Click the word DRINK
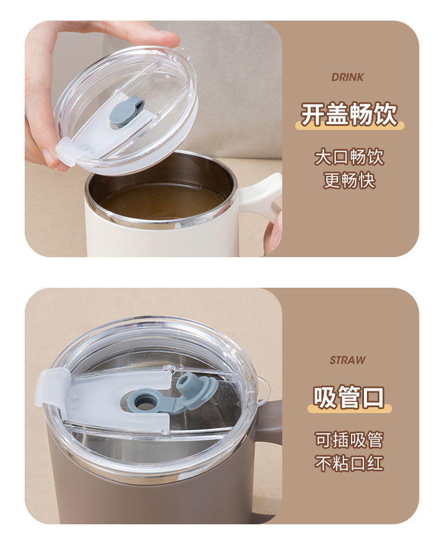click(348, 77)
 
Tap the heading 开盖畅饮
click(349, 114)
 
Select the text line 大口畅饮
click(349, 157)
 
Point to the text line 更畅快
click(349, 180)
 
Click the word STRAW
click(348, 360)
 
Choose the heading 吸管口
click(349, 397)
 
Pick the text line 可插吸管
click(349, 440)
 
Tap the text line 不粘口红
click(349, 463)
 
